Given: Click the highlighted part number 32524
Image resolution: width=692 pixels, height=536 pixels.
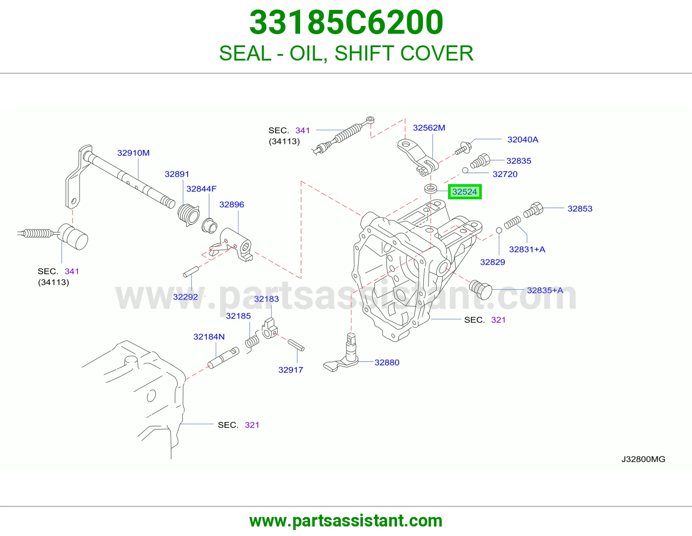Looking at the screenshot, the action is pyautogui.click(x=465, y=191).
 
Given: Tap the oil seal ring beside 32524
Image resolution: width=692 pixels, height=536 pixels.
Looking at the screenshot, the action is pyautogui.click(x=430, y=188).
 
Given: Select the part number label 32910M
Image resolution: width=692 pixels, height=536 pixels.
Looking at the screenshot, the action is pyautogui.click(x=133, y=153).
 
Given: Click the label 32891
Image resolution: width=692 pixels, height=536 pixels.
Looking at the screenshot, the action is pyautogui.click(x=177, y=174).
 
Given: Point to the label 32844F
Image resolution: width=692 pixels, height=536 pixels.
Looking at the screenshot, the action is pyautogui.click(x=201, y=189).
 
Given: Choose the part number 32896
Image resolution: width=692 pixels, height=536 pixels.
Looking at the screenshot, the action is pyautogui.click(x=231, y=204).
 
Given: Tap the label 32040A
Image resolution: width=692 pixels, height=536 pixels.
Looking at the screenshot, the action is pyautogui.click(x=522, y=140).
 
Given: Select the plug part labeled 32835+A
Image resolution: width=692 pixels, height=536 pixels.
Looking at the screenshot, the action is pyautogui.click(x=481, y=290).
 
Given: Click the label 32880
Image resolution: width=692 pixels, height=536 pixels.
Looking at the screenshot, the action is pyautogui.click(x=387, y=363).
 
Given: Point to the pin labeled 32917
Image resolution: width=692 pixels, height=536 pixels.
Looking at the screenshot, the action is pyautogui.click(x=296, y=345).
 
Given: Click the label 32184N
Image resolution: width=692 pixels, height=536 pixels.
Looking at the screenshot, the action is pyautogui.click(x=209, y=337).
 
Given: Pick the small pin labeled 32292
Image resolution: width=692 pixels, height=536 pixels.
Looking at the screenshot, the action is pyautogui.click(x=191, y=272).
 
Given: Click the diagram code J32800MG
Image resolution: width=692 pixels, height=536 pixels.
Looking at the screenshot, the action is pyautogui.click(x=643, y=459).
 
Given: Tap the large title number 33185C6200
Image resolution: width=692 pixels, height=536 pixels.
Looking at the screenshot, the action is pyautogui.click(x=346, y=22).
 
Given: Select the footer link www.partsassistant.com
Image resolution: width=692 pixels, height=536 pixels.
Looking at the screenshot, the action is pyautogui.click(x=346, y=521).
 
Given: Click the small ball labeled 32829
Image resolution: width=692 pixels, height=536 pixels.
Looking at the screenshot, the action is pyautogui.click(x=499, y=230).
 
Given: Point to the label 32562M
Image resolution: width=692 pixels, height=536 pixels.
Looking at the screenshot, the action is pyautogui.click(x=429, y=128).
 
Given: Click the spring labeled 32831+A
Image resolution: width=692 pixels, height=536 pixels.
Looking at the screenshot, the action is pyautogui.click(x=513, y=222).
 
